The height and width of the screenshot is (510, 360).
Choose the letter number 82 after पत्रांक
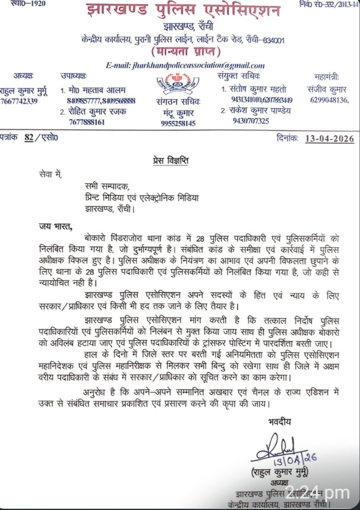pyautogui.click(x=29, y=138)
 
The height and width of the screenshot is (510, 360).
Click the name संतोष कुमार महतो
pyautogui.click(x=260, y=89)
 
